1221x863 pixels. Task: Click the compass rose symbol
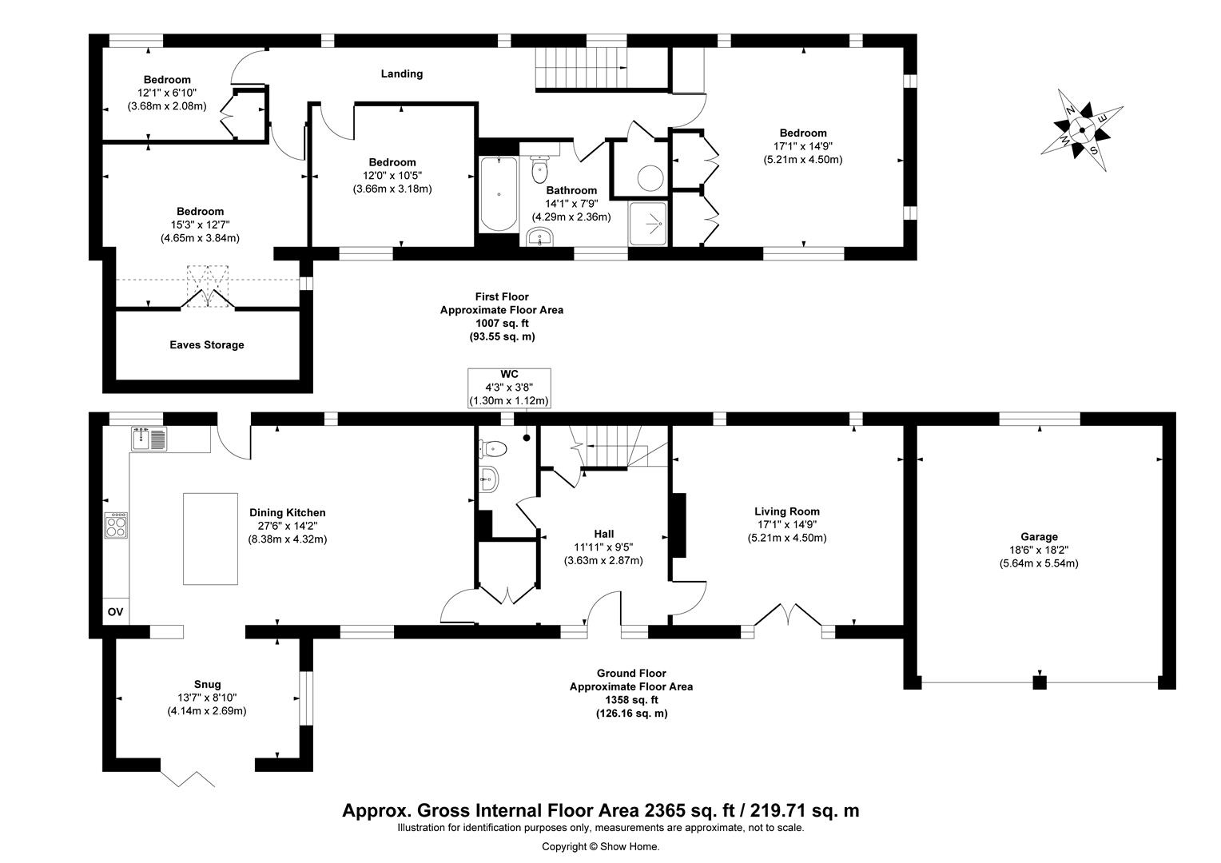(x=1081, y=130)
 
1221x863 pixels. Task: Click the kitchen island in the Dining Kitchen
(x=211, y=539)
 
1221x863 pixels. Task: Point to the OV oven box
(x=115, y=612)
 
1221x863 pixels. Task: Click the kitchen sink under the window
(x=149, y=439)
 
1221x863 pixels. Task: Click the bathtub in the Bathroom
(x=499, y=194)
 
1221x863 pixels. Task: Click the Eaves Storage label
(x=206, y=345)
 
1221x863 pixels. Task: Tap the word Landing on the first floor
(x=401, y=74)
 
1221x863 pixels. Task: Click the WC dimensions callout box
(x=509, y=388)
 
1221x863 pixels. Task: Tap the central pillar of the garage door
(x=1039, y=682)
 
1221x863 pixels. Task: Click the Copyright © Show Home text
(x=600, y=847)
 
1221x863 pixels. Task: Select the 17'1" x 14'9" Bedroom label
(x=802, y=146)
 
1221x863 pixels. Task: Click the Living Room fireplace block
(x=678, y=524)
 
